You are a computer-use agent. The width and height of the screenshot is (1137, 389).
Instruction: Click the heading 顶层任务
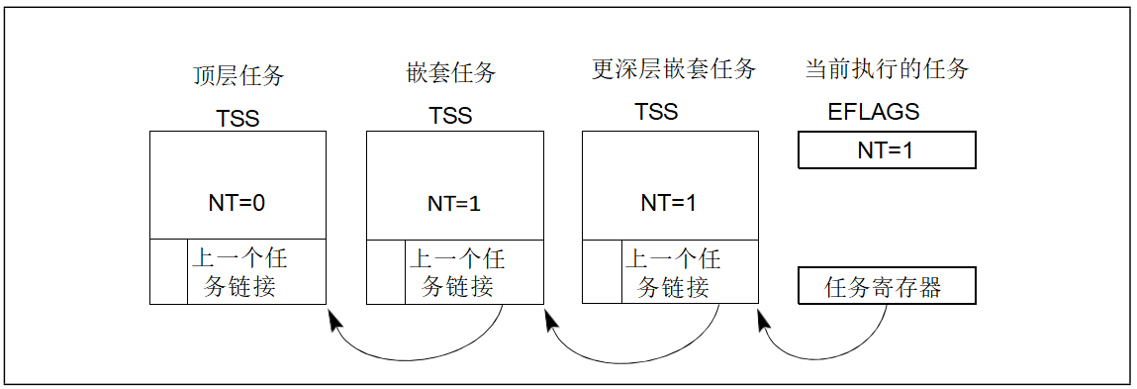click(237, 75)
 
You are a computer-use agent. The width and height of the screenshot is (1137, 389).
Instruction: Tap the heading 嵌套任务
click(450, 73)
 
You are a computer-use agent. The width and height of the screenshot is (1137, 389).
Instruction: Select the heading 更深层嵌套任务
click(673, 69)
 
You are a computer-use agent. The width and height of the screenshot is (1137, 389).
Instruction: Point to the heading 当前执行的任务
click(886, 69)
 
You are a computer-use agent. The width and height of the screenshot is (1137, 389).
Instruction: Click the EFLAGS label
click(873, 112)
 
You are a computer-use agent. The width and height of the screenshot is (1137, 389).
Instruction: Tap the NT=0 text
click(237, 203)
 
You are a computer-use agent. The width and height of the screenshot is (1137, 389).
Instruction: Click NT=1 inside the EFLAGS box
click(886, 150)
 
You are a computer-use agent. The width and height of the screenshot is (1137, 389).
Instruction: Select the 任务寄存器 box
click(886, 286)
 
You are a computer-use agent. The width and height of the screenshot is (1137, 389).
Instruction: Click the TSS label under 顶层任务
click(237, 118)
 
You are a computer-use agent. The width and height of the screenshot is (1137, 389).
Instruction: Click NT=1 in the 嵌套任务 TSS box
click(454, 204)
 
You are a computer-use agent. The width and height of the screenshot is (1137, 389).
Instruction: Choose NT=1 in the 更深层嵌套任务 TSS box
click(669, 203)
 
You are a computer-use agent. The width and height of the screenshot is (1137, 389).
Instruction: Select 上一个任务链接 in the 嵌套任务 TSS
click(456, 272)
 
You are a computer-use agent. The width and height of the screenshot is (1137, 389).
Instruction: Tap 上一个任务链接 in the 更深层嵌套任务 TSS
click(672, 272)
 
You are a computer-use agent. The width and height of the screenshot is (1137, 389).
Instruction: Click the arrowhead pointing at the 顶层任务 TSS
click(333, 319)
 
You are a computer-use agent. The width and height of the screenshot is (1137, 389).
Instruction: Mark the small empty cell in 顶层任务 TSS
click(168, 271)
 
